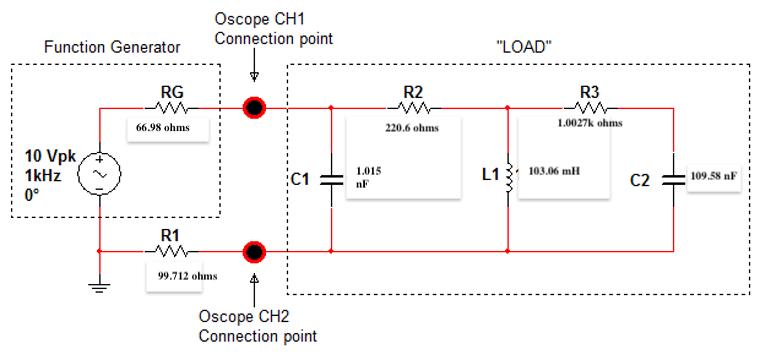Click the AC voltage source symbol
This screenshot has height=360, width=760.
click(100, 173)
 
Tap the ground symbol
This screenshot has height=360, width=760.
click(100, 287)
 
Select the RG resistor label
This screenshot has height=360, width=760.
click(172, 92)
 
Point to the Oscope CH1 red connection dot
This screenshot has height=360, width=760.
click(255, 108)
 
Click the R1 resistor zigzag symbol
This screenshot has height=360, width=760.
click(169, 250)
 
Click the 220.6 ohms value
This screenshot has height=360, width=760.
click(411, 128)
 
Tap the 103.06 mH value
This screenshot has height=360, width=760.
click(554, 171)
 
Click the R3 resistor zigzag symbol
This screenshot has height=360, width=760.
click(589, 108)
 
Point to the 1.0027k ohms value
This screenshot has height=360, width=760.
click(590, 123)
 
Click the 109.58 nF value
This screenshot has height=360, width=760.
click(714, 176)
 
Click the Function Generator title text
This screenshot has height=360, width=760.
click(113, 47)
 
